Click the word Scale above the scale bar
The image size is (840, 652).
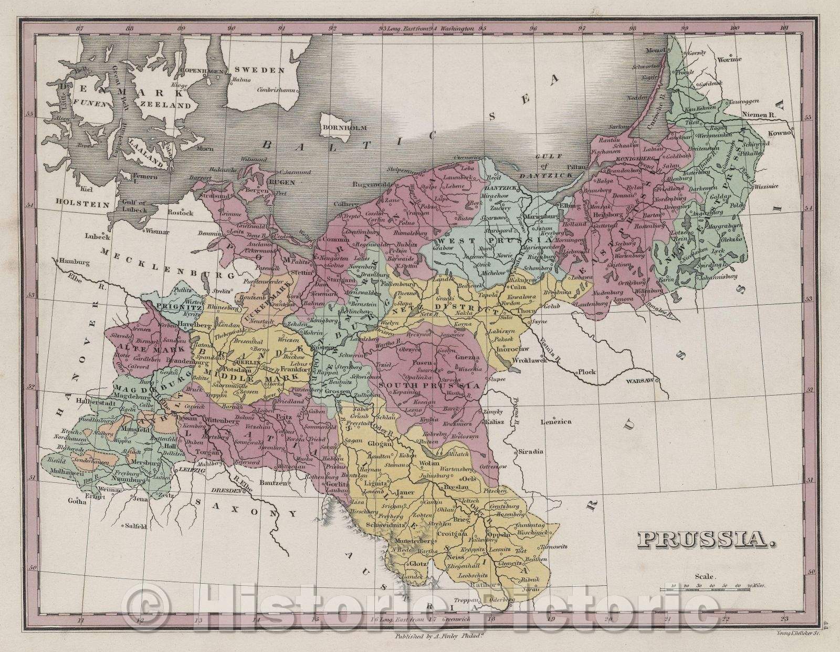(706, 576)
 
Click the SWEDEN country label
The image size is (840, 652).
(259, 70)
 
